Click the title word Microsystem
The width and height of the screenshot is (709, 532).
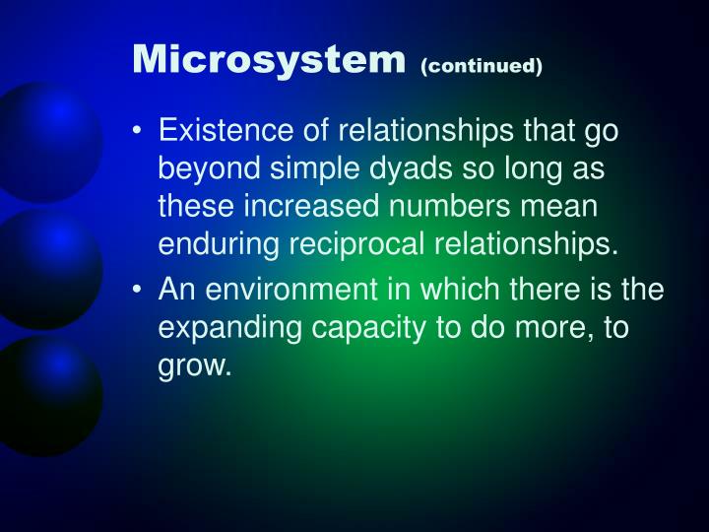pos(269,60)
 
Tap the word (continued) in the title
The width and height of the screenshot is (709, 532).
pos(481,66)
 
